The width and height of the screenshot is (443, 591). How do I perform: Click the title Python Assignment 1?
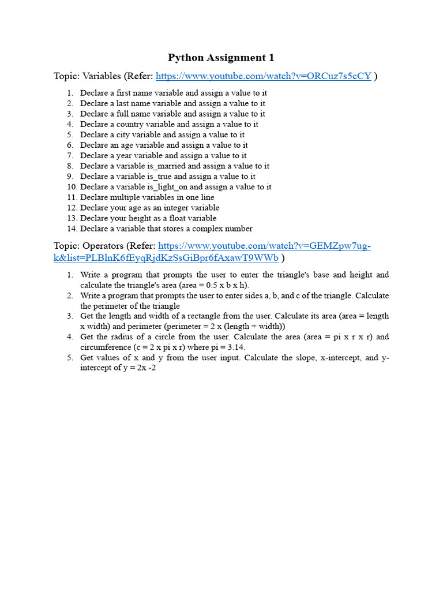click(221, 58)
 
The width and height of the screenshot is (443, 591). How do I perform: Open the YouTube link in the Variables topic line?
click(264, 76)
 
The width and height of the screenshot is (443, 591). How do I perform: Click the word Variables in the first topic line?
click(102, 76)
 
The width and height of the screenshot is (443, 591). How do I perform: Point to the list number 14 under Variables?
click(72, 229)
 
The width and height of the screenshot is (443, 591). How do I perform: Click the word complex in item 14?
click(203, 229)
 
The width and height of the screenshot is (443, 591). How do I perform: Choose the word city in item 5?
click(123, 135)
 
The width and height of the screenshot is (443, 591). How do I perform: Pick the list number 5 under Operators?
click(69, 358)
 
